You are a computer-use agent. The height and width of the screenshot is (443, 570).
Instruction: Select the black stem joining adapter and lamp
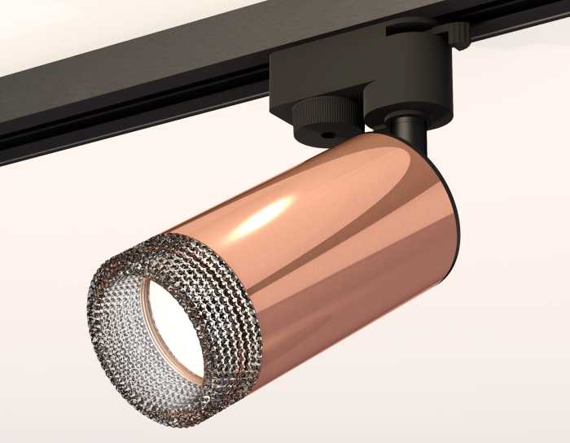point(403,130)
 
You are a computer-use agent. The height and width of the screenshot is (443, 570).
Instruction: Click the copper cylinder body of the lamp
point(342,244)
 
